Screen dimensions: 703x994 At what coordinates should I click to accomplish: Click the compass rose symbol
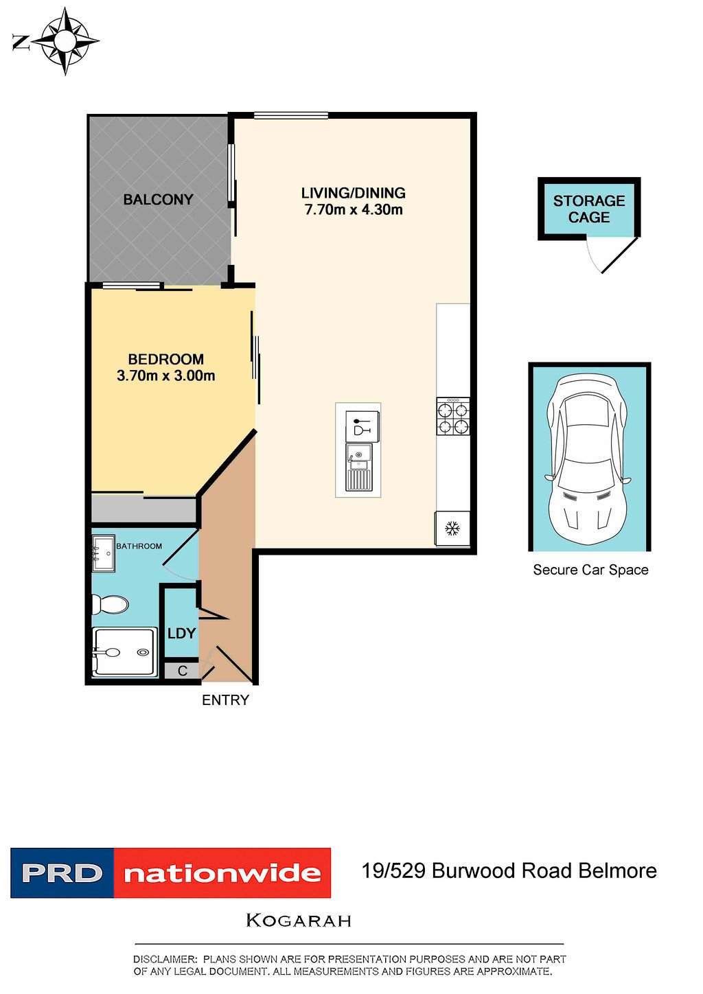pyautogui.click(x=67, y=41)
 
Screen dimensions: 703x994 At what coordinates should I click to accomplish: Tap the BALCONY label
pyautogui.click(x=158, y=200)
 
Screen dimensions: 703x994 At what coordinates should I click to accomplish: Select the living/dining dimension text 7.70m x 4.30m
pyautogui.click(x=354, y=209)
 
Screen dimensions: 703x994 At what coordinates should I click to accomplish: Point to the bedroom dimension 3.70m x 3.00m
pyautogui.click(x=165, y=376)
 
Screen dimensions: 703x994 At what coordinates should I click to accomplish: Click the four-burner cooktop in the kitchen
pyautogui.click(x=453, y=416)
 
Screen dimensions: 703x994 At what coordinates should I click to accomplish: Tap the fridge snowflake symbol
pyautogui.click(x=452, y=529)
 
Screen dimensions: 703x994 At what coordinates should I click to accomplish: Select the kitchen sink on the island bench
pyautogui.click(x=360, y=467)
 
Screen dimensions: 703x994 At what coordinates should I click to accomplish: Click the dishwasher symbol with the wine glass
pyautogui.click(x=362, y=426)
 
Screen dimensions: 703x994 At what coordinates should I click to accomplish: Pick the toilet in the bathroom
pyautogui.click(x=110, y=604)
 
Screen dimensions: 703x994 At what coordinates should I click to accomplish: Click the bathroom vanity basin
pyautogui.click(x=104, y=554)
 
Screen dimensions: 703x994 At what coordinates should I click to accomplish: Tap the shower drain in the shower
pyautogui.click(x=143, y=652)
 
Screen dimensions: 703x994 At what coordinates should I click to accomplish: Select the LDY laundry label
pyautogui.click(x=181, y=633)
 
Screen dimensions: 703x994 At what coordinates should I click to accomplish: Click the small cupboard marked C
pyautogui.click(x=182, y=671)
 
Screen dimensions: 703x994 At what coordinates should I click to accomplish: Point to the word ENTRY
pyautogui.click(x=225, y=700)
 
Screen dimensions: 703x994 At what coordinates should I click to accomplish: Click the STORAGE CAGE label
pyautogui.click(x=589, y=209)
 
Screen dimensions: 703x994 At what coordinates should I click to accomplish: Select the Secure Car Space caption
pyautogui.click(x=590, y=570)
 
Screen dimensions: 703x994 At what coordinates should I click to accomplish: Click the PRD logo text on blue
pyautogui.click(x=62, y=873)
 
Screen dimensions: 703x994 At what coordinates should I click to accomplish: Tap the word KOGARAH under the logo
pyautogui.click(x=299, y=921)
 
